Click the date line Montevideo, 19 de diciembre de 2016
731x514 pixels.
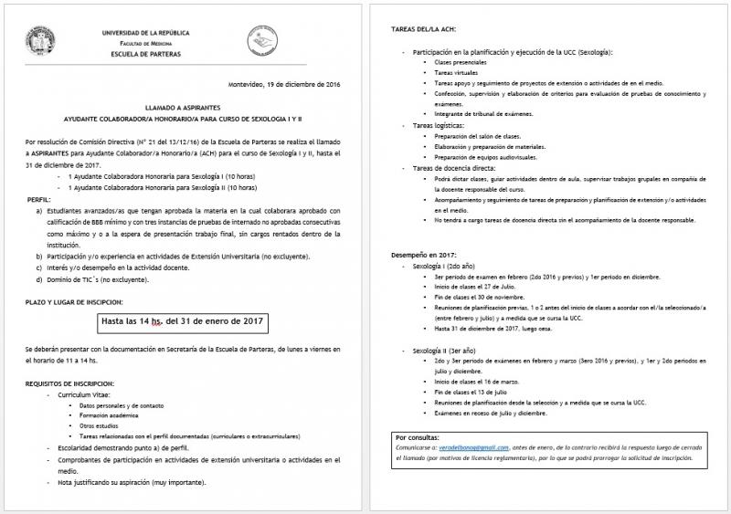[x=283, y=85]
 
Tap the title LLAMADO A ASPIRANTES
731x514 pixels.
[x=184, y=108]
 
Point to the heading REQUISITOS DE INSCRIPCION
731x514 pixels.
[x=69, y=383]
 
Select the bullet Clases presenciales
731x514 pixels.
[x=456, y=62]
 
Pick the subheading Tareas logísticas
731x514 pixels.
[x=440, y=125]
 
